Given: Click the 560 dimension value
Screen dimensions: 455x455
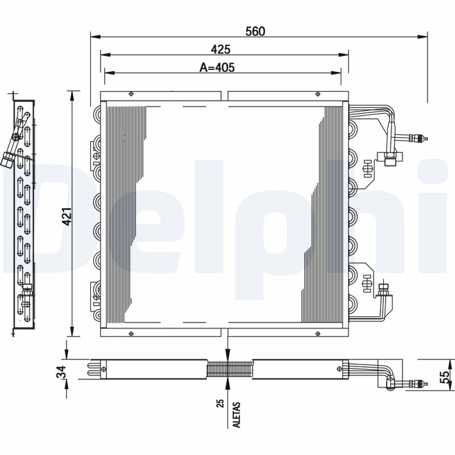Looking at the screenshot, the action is (x=255, y=31).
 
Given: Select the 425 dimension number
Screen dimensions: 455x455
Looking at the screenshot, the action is (x=221, y=49).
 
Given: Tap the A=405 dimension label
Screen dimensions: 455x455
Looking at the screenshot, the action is (x=217, y=67).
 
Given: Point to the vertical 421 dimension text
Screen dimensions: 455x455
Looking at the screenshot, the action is (x=67, y=217).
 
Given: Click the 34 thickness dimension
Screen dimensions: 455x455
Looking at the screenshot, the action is (x=61, y=373).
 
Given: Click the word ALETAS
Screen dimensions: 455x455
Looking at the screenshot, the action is (x=237, y=415).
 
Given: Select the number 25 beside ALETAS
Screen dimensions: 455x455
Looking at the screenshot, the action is (x=221, y=403).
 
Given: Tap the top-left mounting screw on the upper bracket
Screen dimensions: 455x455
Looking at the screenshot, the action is (x=131, y=94).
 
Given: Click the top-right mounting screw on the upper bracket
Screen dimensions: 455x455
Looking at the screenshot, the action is (x=318, y=94).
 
